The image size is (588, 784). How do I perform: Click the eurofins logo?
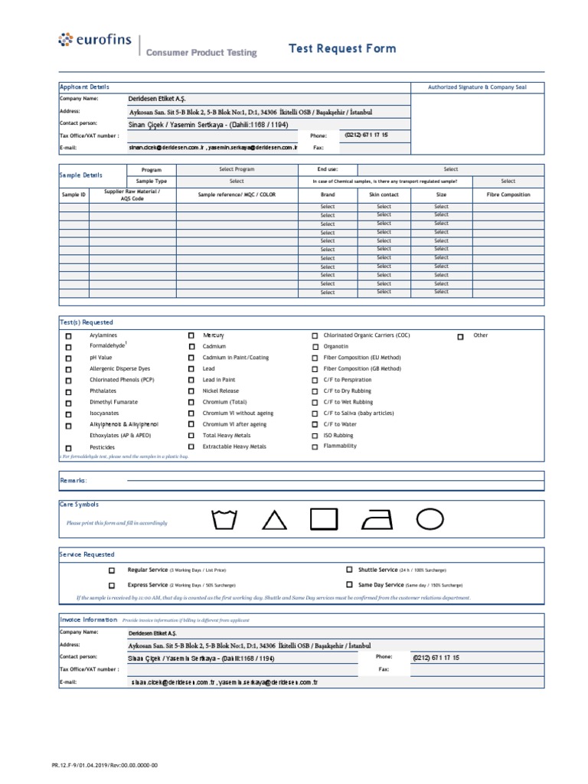coord(92,40)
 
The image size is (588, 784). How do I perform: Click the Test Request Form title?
coord(342,49)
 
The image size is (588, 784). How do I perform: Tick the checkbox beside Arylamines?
coord(68,336)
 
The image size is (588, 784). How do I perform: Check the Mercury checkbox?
coord(191,336)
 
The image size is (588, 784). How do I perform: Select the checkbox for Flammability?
coord(315,446)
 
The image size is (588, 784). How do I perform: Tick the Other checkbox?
coord(460,336)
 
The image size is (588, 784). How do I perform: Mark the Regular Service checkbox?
coord(112,570)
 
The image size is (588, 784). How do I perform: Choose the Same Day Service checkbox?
coord(349,584)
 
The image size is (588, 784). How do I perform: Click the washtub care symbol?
coord(224,520)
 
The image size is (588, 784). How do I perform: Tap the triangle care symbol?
coord(274,521)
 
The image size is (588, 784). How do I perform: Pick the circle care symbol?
coord(430,518)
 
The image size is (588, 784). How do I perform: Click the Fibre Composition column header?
coord(508,195)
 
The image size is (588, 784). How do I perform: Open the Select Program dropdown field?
coord(237,169)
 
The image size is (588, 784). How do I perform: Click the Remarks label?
coord(73,480)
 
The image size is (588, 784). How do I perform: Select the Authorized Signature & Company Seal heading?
coord(477,88)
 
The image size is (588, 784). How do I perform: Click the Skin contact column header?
coord(384,195)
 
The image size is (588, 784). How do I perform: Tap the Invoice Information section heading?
coord(87,619)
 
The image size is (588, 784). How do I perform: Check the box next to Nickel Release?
coord(191,391)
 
